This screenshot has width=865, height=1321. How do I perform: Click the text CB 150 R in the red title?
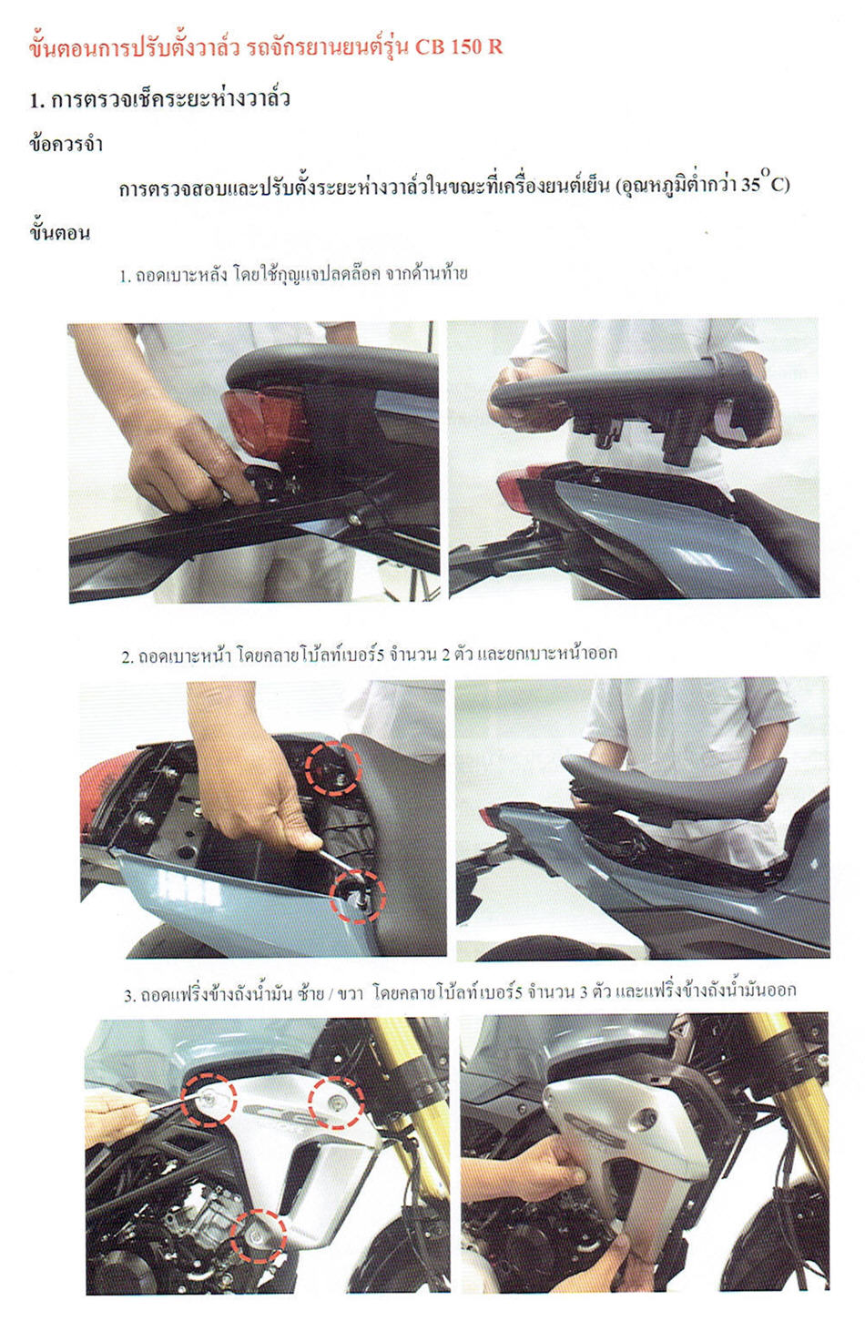pos(459,47)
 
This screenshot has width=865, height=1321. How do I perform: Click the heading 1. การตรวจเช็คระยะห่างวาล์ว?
pos(159,99)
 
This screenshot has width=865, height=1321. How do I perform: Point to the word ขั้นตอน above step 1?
pos(60,232)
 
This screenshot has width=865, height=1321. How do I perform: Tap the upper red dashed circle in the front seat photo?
pos(332,767)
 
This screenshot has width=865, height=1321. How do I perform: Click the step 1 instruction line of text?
pos(293,274)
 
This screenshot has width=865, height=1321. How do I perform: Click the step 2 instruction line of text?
pos(369,655)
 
